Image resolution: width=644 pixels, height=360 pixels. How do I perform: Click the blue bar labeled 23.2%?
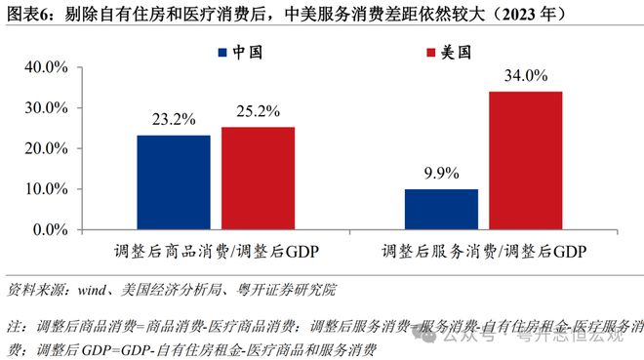coord(173,181)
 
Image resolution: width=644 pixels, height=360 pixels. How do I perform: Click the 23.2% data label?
coord(173,121)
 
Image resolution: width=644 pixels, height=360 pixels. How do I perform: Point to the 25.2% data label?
coord(258,112)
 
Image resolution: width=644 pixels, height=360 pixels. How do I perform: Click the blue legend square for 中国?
coord(223,52)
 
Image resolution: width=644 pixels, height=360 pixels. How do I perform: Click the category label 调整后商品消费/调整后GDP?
coord(215,251)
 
